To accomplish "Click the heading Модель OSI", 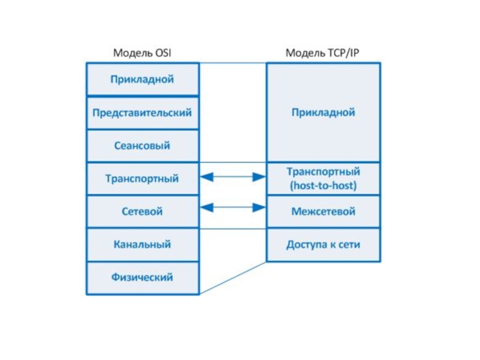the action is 142,53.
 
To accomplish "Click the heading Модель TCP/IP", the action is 322,53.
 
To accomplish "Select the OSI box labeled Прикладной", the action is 143,79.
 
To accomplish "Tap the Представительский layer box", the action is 143,113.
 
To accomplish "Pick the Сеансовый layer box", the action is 143,146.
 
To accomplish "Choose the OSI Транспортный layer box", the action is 143,179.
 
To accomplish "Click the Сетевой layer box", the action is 143,212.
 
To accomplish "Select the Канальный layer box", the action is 143,245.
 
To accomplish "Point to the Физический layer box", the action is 143,278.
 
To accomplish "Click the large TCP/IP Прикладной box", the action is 323,112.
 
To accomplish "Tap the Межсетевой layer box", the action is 323,212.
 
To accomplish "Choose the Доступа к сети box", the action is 323,245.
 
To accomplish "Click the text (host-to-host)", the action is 323,185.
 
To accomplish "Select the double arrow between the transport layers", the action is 233,176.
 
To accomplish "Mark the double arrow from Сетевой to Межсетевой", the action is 233,207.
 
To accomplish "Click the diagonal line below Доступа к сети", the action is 233,278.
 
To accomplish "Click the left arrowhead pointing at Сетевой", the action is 207,207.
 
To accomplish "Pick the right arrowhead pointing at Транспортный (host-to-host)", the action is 259,176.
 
